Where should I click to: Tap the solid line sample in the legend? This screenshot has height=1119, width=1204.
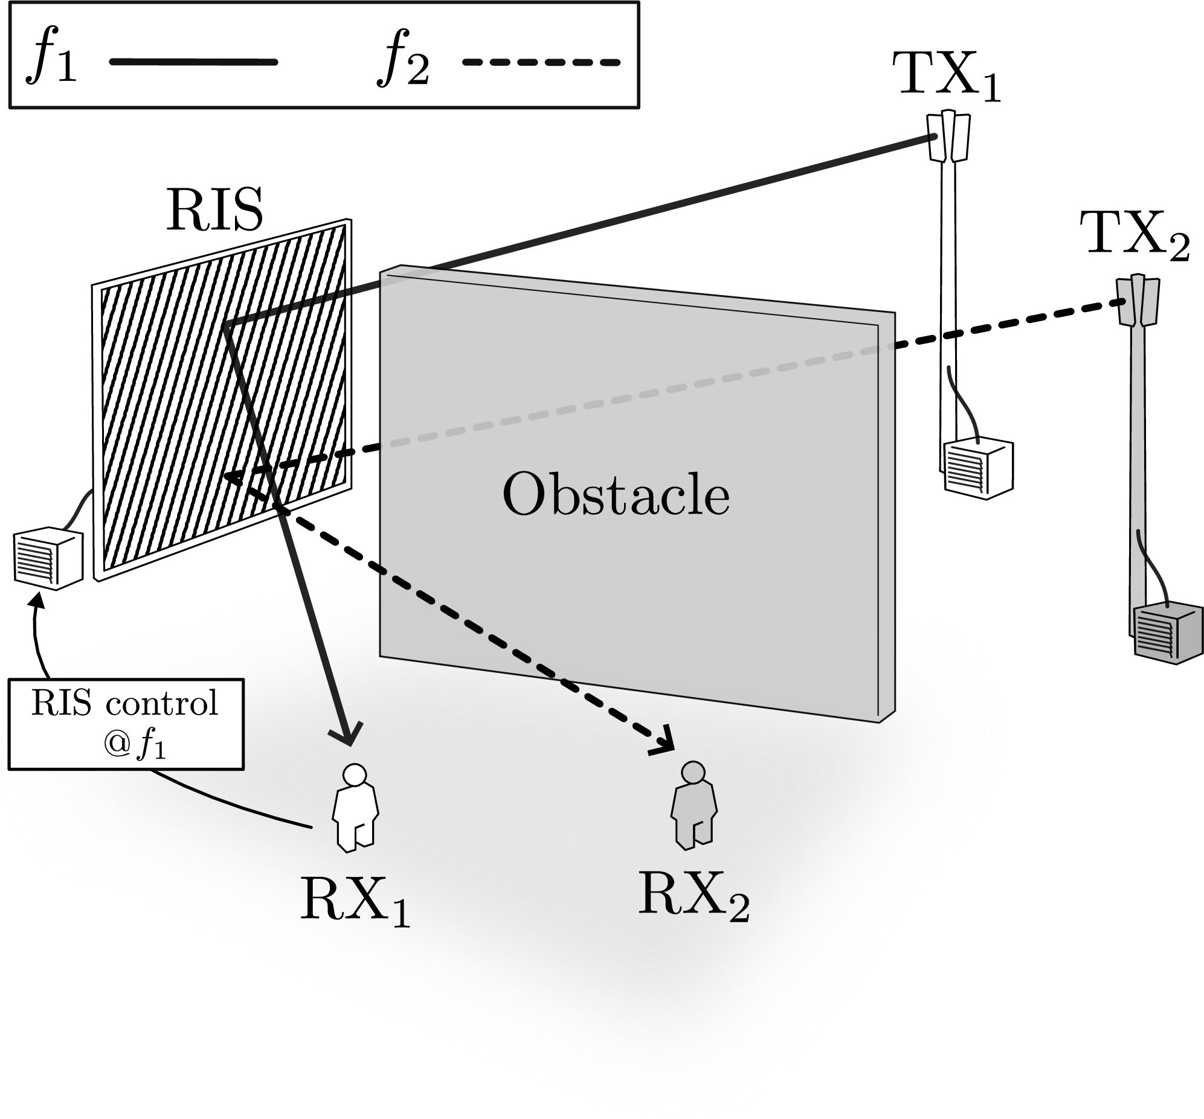coord(193,62)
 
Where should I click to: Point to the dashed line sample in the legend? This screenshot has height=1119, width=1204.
coord(541,62)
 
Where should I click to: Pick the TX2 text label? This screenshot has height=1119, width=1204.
coord(1135,236)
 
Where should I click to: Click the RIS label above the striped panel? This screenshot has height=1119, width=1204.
coord(214,209)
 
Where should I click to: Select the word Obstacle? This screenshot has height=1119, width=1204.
coord(616,494)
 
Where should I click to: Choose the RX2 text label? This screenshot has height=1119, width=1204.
coord(694,895)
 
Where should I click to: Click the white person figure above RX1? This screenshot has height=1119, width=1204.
coord(355,808)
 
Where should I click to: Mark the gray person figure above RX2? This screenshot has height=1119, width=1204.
coord(694,806)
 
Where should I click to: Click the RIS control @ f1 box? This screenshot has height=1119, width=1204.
coord(126,724)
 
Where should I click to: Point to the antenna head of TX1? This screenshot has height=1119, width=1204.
coord(949,136)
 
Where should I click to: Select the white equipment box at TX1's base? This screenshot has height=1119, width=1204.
coord(978,468)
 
